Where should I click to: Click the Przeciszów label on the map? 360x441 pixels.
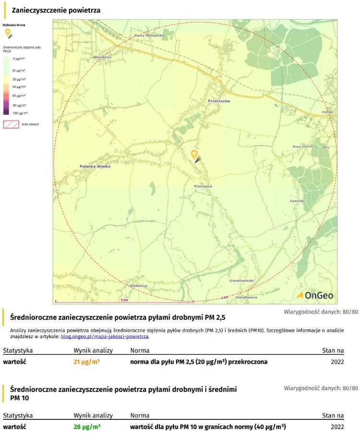pyautogui.click(x=219, y=101)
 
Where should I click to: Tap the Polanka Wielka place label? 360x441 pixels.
pyautogui.click(x=95, y=166)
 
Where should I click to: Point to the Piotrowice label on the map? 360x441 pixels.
pyautogui.click(x=203, y=186)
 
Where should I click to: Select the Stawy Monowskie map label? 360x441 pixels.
pyautogui.click(x=149, y=36)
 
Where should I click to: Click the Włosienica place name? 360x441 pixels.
pyautogui.click(x=102, y=57)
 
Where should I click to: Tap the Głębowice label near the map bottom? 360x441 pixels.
pyautogui.click(x=139, y=285)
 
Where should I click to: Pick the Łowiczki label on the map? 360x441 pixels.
pyautogui.click(x=298, y=200)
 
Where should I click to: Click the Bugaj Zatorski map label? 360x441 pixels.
pyautogui.click(x=303, y=147)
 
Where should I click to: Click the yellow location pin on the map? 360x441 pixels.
pyautogui.click(x=194, y=155)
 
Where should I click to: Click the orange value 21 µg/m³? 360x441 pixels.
pyautogui.click(x=86, y=362)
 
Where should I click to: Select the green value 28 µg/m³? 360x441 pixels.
pyautogui.click(x=86, y=426)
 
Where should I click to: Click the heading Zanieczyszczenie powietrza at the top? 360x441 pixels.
pyautogui.click(x=56, y=10)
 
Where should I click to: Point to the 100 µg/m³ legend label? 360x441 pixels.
pyautogui.click(x=20, y=112)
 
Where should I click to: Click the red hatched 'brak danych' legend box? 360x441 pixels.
pyautogui.click(x=11, y=124)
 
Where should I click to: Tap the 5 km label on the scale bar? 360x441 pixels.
pyautogui.click(x=124, y=300)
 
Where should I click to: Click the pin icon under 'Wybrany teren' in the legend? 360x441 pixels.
pyautogui.click(x=8, y=33)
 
